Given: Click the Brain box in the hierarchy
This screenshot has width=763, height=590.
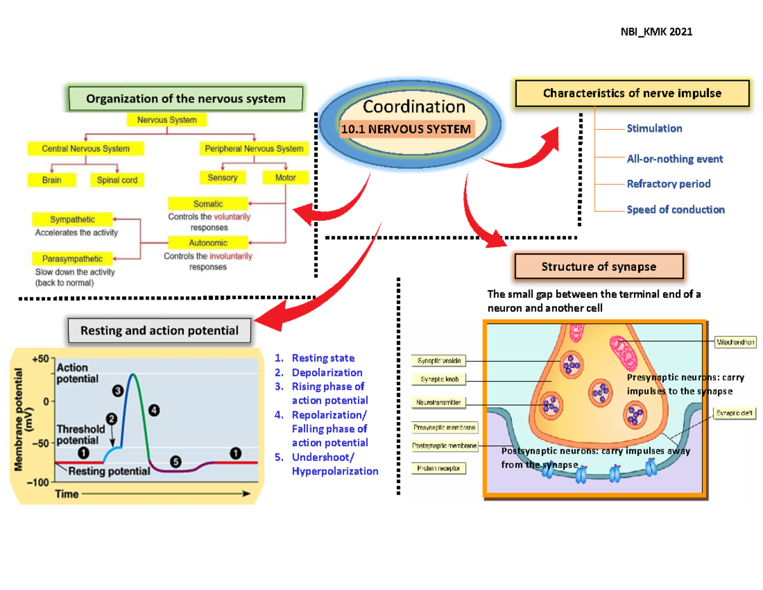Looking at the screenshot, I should (x=51, y=180).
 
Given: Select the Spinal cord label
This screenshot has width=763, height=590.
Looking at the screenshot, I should (x=117, y=180).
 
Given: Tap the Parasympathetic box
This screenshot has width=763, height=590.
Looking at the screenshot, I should (x=72, y=259).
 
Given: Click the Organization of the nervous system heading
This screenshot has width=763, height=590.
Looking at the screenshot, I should (x=186, y=99).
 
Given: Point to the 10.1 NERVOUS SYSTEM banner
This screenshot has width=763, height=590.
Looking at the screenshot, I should (x=407, y=129).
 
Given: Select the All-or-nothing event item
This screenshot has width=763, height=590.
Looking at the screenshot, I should (x=675, y=159).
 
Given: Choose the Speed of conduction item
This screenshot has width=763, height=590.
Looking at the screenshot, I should (x=675, y=209).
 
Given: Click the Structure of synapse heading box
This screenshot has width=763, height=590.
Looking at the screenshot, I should (x=599, y=267).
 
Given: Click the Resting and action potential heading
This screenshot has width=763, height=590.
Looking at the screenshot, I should (x=160, y=331).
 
